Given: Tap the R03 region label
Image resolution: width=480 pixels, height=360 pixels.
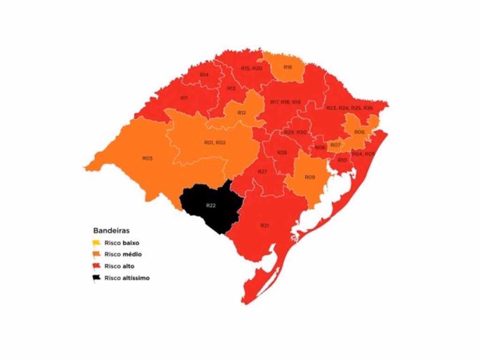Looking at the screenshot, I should [x=147, y=158].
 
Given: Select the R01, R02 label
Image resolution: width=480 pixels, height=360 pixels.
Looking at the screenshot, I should [x=215, y=142].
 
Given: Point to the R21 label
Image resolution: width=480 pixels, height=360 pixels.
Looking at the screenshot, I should [x=265, y=226].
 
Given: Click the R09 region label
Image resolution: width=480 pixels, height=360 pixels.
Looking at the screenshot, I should [x=309, y=177].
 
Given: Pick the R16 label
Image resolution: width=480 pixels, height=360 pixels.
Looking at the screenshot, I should [x=288, y=67].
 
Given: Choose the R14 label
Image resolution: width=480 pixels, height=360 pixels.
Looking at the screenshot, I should [x=204, y=75].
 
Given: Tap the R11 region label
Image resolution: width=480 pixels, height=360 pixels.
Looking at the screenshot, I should [x=184, y=98].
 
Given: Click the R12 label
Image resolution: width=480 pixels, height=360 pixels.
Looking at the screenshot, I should [x=242, y=113].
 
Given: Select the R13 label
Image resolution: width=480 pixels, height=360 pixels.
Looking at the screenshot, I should [x=231, y=89].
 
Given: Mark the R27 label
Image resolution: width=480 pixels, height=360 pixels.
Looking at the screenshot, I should [x=262, y=172].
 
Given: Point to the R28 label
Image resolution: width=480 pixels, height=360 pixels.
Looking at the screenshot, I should [x=282, y=153].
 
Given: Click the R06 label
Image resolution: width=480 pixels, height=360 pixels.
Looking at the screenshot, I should [x=359, y=133].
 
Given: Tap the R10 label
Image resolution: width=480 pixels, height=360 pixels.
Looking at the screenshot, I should [x=342, y=160].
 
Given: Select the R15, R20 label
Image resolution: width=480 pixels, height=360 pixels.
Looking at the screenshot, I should [x=252, y=68].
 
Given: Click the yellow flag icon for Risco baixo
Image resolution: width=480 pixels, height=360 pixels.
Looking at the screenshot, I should [x=97, y=243].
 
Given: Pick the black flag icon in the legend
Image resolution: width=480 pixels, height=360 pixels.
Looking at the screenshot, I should [x=97, y=278].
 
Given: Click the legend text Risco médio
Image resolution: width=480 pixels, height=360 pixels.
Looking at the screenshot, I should [x=123, y=255].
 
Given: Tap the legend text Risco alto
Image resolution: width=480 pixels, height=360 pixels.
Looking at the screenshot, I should [x=120, y=266].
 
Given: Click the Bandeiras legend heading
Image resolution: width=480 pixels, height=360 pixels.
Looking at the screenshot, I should [x=111, y=231].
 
